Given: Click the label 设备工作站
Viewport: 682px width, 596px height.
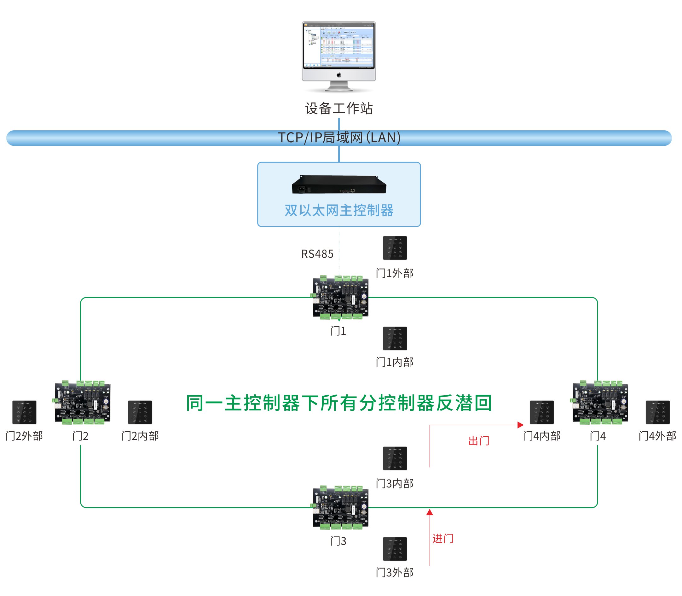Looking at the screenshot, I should click(339, 109).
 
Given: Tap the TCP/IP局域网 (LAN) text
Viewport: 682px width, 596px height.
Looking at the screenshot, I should click(339, 137).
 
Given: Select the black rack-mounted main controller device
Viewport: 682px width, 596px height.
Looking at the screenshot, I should click(339, 185).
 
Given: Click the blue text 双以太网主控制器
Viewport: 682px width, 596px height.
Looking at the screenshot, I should click(339, 210).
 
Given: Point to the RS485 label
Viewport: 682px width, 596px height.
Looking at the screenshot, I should click(317, 254).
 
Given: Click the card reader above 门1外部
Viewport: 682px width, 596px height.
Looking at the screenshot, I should click(395, 248).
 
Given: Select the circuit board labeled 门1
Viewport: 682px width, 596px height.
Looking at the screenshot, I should click(340, 297).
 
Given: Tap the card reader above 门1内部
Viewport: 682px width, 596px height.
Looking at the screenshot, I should click(395, 339).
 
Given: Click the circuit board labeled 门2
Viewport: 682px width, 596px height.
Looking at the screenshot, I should click(82, 402).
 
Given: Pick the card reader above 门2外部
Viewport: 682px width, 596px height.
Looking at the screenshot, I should click(24, 412).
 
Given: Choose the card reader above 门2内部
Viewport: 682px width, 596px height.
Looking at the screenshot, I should click(140, 412).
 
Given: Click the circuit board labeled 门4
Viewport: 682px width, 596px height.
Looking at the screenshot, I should click(600, 402).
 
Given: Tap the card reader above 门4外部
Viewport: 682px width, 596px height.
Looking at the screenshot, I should click(657, 412).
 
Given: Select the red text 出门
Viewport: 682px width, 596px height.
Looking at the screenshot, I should click(478, 441).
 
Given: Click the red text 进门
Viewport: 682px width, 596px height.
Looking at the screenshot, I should click(442, 539).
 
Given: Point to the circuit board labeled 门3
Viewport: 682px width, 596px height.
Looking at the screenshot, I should click(340, 508).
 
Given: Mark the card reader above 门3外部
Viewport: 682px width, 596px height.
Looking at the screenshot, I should click(395, 549).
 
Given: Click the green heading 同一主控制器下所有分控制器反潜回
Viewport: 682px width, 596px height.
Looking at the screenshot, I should click(339, 403).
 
